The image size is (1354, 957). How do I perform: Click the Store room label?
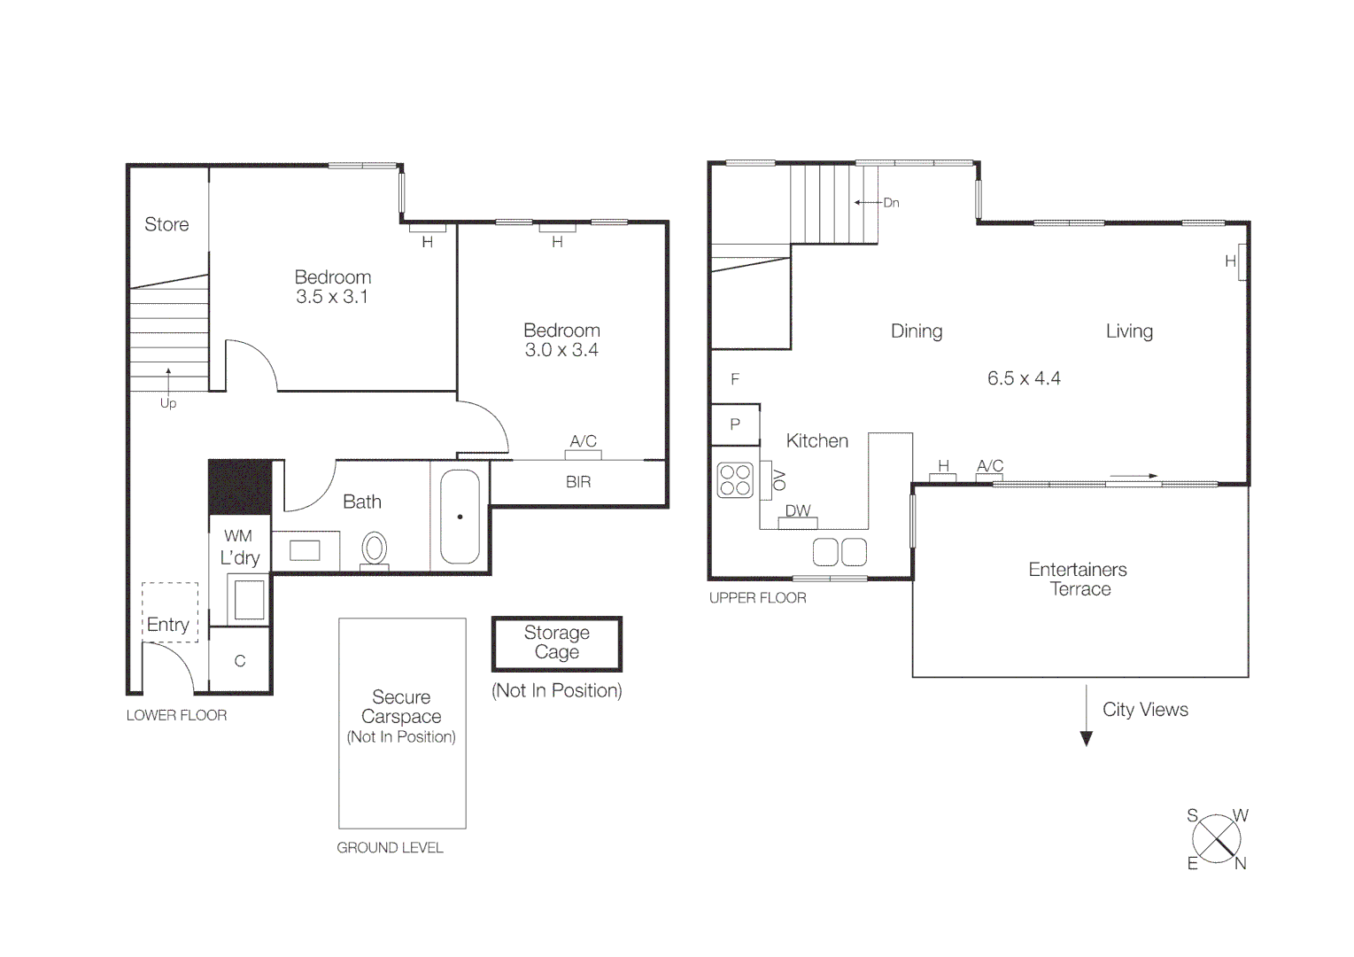point(166,224)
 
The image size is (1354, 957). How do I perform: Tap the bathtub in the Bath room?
point(460,517)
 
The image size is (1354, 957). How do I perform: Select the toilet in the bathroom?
point(375,549)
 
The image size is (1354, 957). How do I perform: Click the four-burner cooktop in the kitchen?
point(735,480)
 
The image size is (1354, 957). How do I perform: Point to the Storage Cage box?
point(557,643)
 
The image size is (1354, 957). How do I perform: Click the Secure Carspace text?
point(401,707)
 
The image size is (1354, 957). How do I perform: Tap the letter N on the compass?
point(1240,864)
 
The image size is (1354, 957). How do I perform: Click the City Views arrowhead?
point(1087,739)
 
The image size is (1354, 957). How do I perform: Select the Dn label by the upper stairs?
point(891,203)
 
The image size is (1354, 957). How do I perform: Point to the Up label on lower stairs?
point(168,403)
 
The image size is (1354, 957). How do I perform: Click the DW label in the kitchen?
point(798,510)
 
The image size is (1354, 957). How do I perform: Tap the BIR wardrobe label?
point(578,482)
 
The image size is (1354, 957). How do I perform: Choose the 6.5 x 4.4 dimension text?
point(1024,378)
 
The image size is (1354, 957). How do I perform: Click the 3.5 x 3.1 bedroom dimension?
point(332,297)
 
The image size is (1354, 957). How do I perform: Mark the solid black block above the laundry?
point(239,486)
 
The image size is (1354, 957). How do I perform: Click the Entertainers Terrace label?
point(1078,580)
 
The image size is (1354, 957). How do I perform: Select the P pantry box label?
point(735,424)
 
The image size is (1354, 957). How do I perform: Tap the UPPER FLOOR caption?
point(757,598)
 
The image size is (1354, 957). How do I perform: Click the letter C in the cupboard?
point(239,661)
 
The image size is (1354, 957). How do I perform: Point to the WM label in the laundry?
point(238,536)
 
